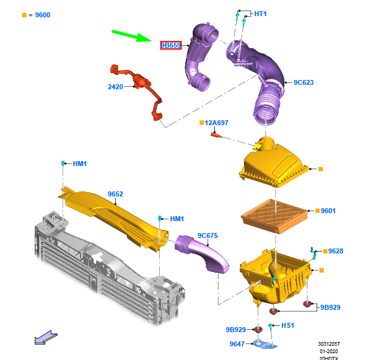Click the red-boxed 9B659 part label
click(171, 45)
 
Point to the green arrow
click(132, 36)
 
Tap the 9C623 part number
click(304, 82)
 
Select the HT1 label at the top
click(260, 14)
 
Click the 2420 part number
click(115, 87)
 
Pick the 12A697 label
click(216, 123)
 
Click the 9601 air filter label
click(328, 211)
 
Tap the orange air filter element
click(275, 216)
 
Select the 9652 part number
click(115, 194)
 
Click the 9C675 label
click(208, 235)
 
